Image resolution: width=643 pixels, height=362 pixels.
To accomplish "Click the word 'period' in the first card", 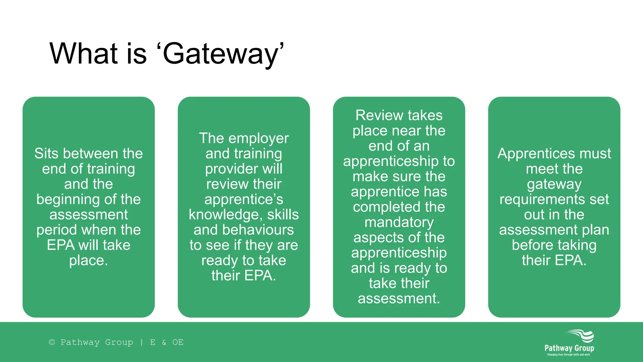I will coord(56,230).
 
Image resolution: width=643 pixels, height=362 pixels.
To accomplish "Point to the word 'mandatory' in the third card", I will coord(399,222).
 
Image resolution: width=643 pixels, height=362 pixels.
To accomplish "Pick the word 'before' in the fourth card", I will coord(532,245).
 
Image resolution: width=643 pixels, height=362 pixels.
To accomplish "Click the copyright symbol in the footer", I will coord(52,342).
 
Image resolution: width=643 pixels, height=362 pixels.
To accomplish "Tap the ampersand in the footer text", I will coord(164,342).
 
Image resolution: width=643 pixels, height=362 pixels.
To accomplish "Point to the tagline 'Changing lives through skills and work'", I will coord(568,355).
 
